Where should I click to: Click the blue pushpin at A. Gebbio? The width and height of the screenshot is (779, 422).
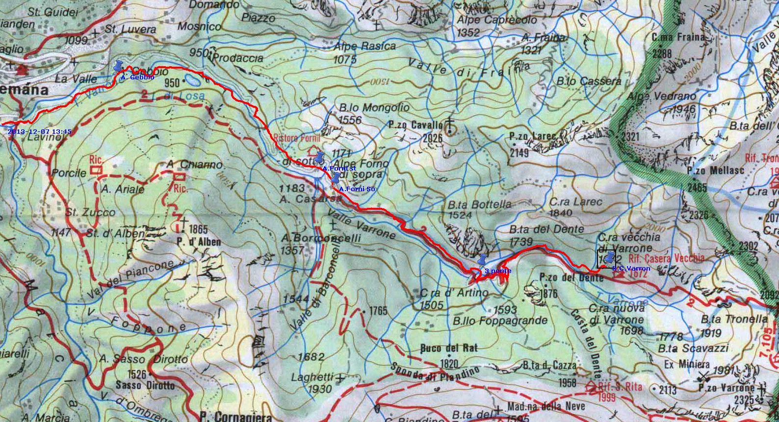118,67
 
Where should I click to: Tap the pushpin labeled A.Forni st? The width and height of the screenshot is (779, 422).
319,158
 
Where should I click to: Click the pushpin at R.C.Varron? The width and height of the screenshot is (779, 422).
610,258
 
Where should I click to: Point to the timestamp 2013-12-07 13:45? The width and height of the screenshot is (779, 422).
40,132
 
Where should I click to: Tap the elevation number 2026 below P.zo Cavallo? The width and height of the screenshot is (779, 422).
432,138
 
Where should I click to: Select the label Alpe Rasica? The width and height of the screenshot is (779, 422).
364,46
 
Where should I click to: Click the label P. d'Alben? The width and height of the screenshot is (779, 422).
199,242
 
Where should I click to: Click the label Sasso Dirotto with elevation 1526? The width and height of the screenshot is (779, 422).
145,385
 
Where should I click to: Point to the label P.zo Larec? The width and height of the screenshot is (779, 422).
532,136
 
